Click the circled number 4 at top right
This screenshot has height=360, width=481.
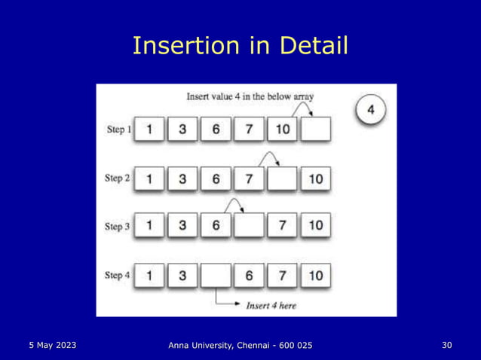tap(370, 109)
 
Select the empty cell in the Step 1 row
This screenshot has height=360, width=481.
tap(315, 130)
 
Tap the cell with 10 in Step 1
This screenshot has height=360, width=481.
tap(282, 130)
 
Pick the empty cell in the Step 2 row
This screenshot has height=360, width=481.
tap(282, 178)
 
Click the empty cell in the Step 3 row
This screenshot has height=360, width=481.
tap(249, 225)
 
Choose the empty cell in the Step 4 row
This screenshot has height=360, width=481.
tap(216, 276)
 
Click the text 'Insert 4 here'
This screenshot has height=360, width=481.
tap(272, 305)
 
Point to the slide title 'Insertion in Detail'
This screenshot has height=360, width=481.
tap(240, 47)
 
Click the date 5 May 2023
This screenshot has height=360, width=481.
tap(52, 345)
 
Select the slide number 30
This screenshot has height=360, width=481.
tap(446, 345)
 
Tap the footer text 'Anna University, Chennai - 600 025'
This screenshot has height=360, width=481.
tap(240, 346)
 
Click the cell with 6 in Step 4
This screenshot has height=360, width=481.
tap(249, 276)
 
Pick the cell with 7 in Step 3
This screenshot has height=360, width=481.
tap(282, 225)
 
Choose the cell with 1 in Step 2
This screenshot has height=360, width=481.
tap(149, 178)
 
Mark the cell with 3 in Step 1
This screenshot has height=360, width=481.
tap(182, 130)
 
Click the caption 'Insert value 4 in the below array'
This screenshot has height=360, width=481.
tap(250, 96)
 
